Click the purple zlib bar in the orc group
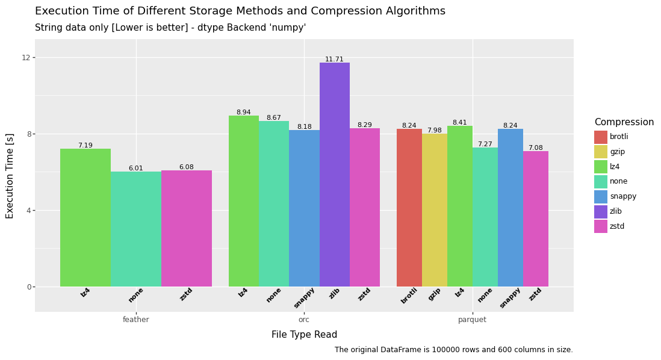coord(334,175)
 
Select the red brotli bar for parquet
coord(409,208)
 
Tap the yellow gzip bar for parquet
coord(434,210)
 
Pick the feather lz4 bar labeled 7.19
coord(85,217)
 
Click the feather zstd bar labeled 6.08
coord(186,228)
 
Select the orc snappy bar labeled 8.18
coord(304,208)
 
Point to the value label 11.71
coord(334,60)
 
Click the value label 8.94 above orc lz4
coord(243,113)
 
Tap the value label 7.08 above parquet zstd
coord(535,148)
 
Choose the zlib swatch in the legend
coord(600,212)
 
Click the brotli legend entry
coord(610,137)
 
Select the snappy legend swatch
coord(600,197)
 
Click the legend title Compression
coord(624,122)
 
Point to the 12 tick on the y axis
coord(26,58)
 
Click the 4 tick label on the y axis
coord(28,211)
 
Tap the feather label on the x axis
coord(136,320)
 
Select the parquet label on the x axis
coord(472,320)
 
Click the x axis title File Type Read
coord(304,335)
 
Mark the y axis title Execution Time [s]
coord(10,176)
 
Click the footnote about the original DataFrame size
coord(453,350)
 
